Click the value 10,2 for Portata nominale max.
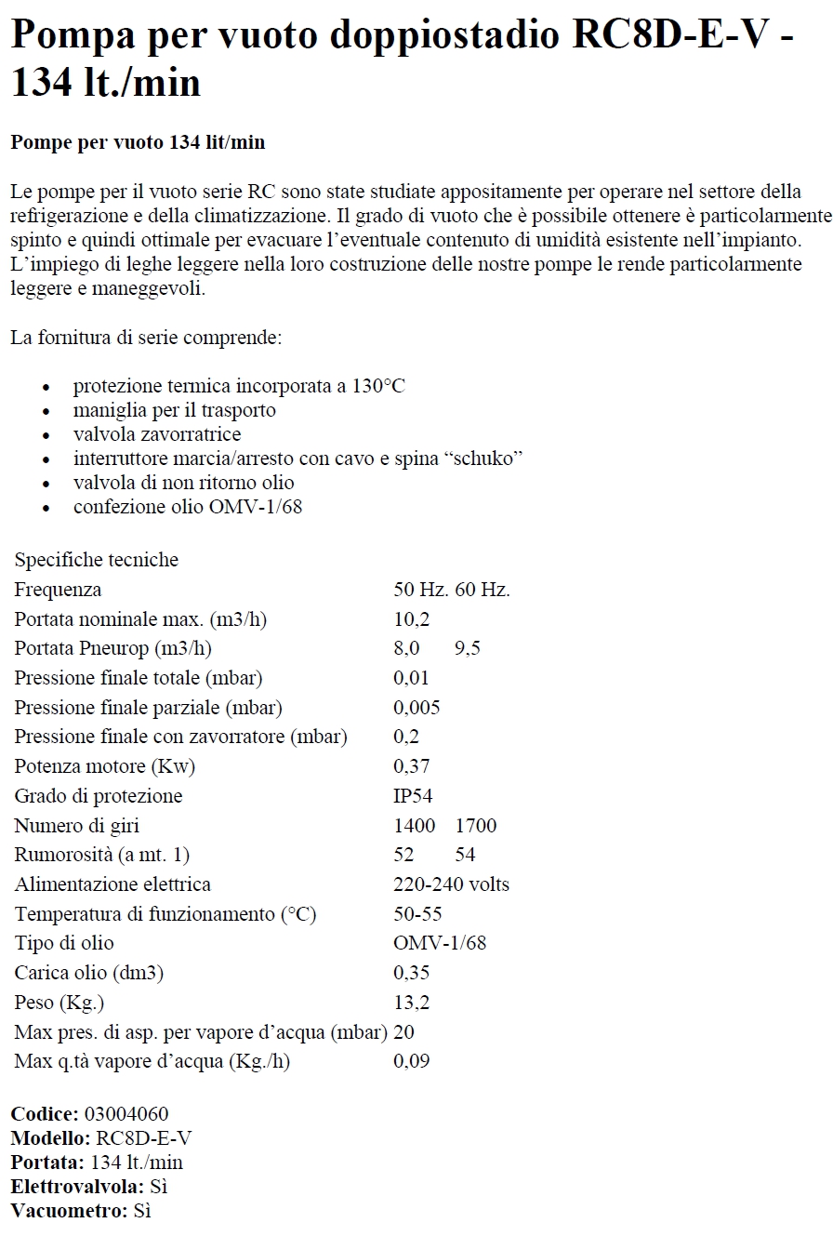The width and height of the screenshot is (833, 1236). [x=411, y=619]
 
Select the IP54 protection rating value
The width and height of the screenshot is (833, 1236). [x=413, y=796]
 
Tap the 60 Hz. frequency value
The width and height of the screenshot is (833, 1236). [x=483, y=590]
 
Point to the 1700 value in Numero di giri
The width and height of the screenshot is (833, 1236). [x=476, y=826]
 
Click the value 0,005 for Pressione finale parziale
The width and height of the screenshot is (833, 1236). [x=416, y=708]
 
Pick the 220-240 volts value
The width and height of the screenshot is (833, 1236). [x=451, y=884]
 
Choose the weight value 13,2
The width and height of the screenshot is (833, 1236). [x=412, y=1003]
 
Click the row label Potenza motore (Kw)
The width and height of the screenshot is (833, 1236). [x=105, y=767]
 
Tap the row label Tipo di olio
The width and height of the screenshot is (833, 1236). [x=64, y=944]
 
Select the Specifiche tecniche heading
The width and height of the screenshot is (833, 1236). [x=96, y=560]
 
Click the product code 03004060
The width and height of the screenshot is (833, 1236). [x=126, y=1114]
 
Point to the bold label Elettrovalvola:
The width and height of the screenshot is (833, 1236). [x=77, y=1187]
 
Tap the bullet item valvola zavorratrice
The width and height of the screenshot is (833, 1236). [x=156, y=434]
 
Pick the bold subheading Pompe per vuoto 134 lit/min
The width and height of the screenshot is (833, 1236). [x=138, y=142]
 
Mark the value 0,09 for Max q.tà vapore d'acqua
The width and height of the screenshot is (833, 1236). [x=412, y=1061]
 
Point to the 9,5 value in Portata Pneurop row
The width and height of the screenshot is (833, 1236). [x=468, y=649]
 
